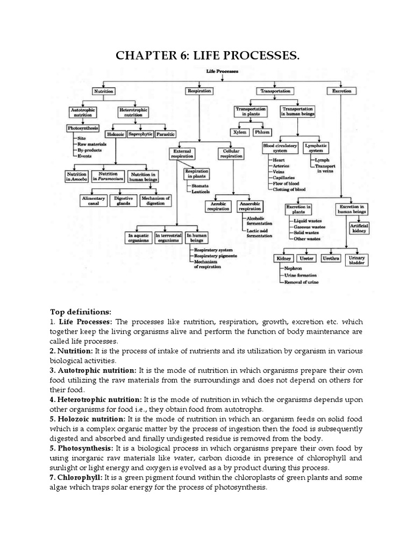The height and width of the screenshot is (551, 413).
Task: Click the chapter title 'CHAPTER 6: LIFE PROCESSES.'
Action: point(207,55)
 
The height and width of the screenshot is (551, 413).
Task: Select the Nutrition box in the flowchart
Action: point(104,91)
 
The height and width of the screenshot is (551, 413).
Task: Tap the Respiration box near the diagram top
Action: point(198,91)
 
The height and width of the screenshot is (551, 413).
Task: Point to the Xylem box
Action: point(239,132)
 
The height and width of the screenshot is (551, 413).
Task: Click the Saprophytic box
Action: point(139,133)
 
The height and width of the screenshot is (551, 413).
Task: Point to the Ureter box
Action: point(307,259)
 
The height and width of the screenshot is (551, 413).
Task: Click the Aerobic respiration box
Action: point(218,206)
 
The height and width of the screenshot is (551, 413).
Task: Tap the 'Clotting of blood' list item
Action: point(290,189)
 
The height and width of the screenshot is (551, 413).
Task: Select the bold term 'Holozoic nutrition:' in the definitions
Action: point(88,418)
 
